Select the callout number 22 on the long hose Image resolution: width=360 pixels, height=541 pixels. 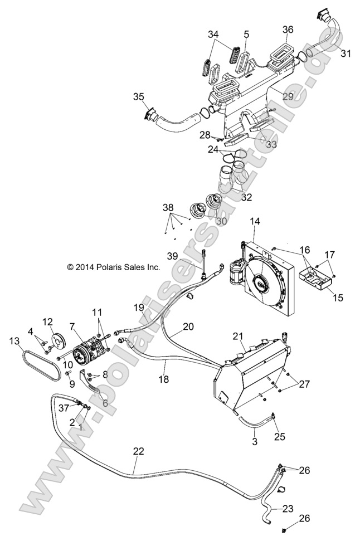pyautogui.click(x=138, y=452)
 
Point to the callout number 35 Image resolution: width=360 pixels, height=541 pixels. pyautogui.click(x=138, y=97)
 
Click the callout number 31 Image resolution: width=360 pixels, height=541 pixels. pyautogui.click(x=346, y=53)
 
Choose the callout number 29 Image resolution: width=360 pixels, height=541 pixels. pyautogui.click(x=288, y=96)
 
